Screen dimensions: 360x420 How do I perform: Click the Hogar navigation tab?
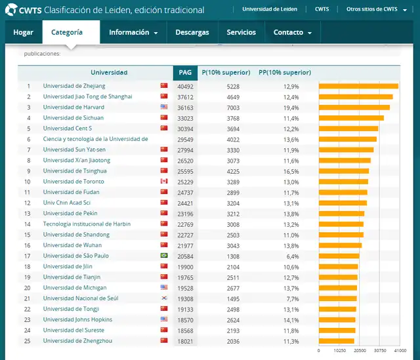point(24,32)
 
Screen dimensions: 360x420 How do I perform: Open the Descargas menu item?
point(192,32)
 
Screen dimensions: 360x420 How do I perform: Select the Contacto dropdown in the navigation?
point(292,32)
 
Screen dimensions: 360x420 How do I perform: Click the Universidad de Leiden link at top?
point(270,10)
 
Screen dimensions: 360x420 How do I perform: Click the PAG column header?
point(185,73)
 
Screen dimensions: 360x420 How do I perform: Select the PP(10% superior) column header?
point(285,73)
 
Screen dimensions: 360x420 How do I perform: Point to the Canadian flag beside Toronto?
point(164,182)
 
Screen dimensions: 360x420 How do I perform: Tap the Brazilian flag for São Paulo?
point(164,256)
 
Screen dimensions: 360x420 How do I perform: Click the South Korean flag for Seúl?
point(164,298)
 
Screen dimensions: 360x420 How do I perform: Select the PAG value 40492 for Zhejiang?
point(185,86)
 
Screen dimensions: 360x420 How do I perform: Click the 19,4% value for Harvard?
point(291,107)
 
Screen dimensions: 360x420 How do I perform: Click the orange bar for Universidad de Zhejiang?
point(358,86)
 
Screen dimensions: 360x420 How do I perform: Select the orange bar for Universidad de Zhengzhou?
point(336,341)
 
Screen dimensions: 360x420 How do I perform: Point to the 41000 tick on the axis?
point(400,351)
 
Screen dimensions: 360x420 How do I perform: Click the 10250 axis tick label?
point(339,351)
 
